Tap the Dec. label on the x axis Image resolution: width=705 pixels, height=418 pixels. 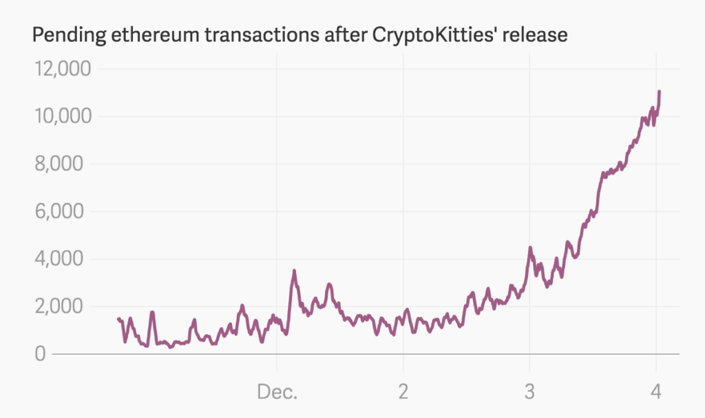point(277,392)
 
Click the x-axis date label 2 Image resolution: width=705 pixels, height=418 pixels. point(403,392)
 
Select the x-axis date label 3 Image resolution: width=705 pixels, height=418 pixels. point(529,392)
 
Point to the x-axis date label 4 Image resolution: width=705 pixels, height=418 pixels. point(655,392)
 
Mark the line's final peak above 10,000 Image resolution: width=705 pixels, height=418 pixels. point(660,91)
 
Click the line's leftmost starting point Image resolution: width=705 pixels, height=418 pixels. point(118,318)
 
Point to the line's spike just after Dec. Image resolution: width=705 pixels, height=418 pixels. point(294,271)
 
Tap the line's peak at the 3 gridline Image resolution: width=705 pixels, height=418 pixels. point(529,247)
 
